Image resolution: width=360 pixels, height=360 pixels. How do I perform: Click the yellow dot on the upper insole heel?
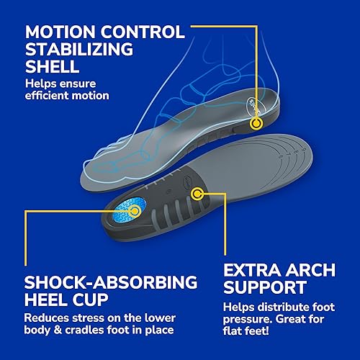255,124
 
